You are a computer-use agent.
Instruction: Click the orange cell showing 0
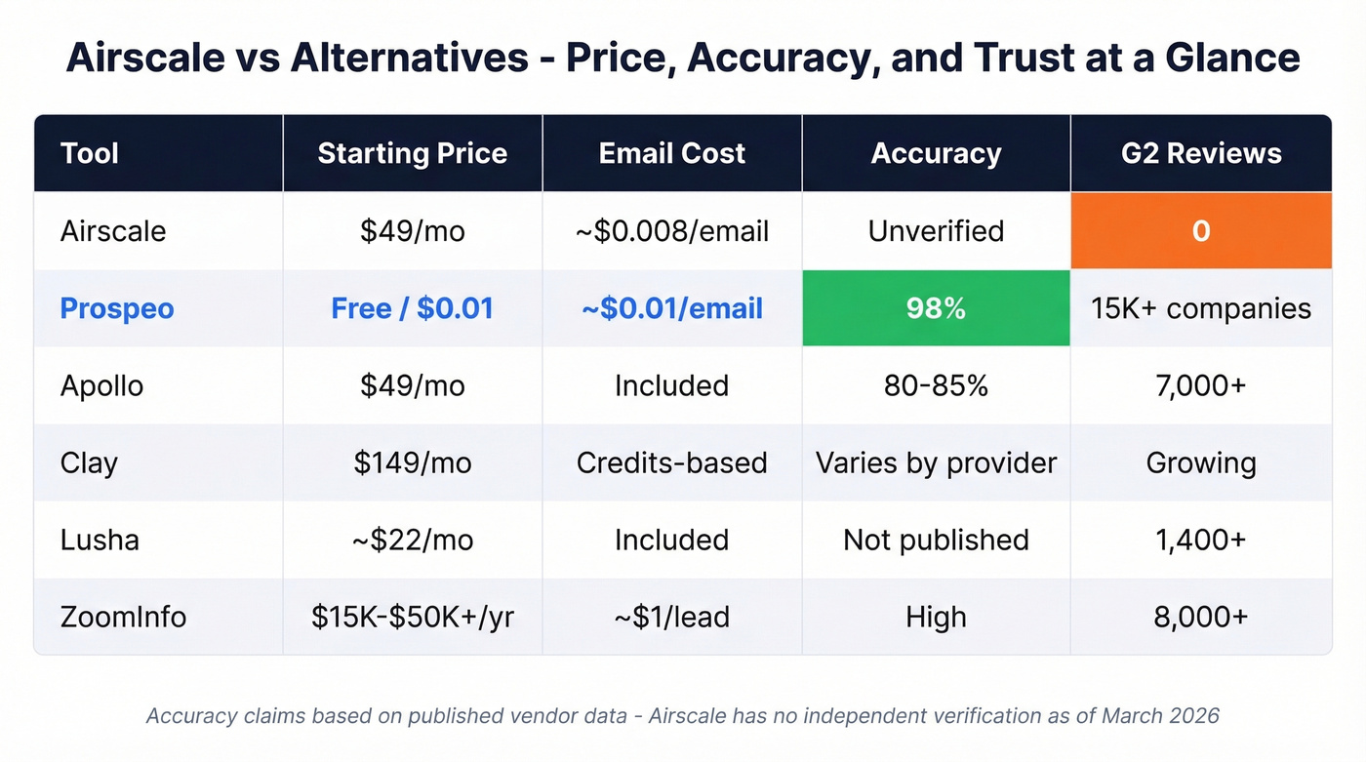pyautogui.click(x=1201, y=231)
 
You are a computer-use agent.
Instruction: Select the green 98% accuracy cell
pyautogui.click(x=936, y=308)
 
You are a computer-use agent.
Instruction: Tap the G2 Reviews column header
pyautogui.click(x=1201, y=153)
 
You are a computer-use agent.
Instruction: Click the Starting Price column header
pyautogui.click(x=412, y=153)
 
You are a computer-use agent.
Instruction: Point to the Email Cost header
pyautogui.click(x=671, y=153)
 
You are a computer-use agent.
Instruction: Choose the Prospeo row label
pyautogui.click(x=117, y=308)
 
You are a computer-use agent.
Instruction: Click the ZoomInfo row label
pyautogui.click(x=123, y=617)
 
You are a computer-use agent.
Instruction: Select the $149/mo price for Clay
pyautogui.click(x=412, y=462)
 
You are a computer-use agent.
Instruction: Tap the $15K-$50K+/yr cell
pyautogui.click(x=412, y=617)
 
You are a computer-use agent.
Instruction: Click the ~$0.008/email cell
pyautogui.click(x=671, y=231)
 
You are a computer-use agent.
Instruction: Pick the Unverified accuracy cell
pyautogui.click(x=936, y=231)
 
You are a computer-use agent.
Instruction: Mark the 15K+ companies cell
pyautogui.click(x=1201, y=308)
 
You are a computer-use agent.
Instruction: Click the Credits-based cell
pyautogui.click(x=671, y=462)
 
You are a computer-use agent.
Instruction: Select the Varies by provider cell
pyautogui.click(x=936, y=462)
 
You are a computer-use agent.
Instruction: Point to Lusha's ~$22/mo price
pyautogui.click(x=412, y=540)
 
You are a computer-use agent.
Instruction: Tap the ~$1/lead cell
pyautogui.click(x=671, y=617)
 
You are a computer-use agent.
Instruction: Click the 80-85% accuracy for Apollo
pyautogui.click(x=936, y=385)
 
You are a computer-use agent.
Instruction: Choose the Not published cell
pyautogui.click(x=936, y=540)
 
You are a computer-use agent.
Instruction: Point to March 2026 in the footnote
pyautogui.click(x=1160, y=716)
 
